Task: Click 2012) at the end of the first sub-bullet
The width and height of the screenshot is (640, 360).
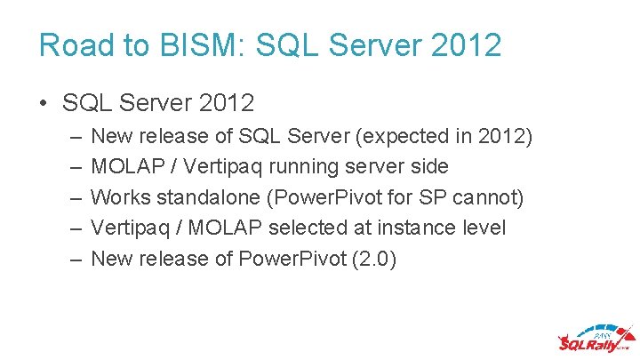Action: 506,137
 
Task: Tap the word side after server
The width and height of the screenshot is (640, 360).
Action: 429,167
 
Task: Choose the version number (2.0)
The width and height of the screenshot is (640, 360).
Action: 376,258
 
